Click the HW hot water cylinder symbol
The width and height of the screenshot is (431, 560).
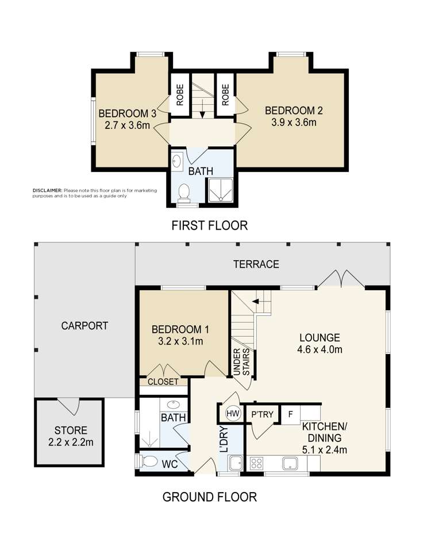[233, 413]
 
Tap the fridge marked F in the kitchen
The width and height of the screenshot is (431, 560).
[291, 414]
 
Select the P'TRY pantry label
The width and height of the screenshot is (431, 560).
[262, 414]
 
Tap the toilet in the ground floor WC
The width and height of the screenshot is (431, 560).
[151, 462]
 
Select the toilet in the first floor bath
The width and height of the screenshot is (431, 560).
[184, 191]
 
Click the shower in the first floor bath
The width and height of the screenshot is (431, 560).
[220, 191]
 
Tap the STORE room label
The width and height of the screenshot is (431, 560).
[71, 430]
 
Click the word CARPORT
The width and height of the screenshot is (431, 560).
[84, 326]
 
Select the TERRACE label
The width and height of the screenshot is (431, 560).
[256, 264]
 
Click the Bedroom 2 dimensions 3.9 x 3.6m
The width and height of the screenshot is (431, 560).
[290, 122]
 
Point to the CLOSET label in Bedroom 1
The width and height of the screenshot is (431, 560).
[163, 382]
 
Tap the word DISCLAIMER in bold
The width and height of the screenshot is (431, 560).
[47, 191]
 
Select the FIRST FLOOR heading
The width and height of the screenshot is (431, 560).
[210, 226]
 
